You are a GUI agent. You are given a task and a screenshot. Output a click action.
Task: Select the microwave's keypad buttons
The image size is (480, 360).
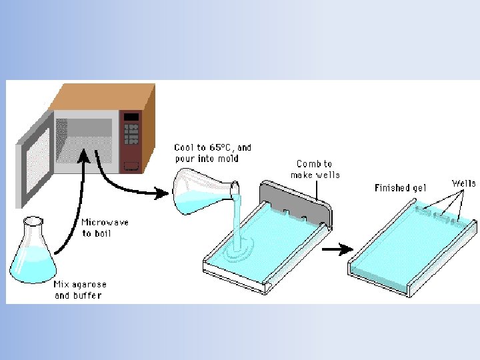tap(131, 137)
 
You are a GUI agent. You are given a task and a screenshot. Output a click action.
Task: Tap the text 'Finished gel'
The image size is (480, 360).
tap(400, 188)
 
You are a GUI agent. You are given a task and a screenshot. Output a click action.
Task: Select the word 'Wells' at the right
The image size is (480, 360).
tap(464, 183)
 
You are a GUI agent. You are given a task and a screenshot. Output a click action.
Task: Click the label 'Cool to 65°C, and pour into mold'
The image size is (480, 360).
tap(213, 153)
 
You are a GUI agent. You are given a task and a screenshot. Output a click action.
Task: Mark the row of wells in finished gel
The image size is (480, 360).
tap(437, 215)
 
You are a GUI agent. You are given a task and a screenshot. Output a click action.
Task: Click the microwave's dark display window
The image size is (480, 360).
tap(131, 117)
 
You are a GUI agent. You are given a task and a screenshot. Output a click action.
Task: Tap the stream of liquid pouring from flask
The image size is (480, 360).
tap(237, 220)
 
